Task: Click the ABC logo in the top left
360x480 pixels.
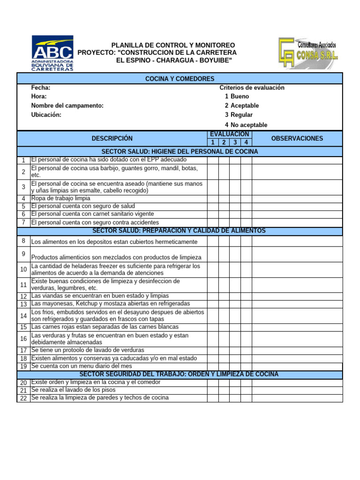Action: (52, 53)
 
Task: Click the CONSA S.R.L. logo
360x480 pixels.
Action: (308, 53)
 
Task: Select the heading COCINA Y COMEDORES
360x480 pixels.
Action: (180, 79)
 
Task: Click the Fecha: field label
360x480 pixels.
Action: (41, 88)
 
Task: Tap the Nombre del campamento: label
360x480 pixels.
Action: (67, 106)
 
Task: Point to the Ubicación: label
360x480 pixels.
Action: (46, 115)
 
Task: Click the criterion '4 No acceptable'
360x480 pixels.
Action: (246, 125)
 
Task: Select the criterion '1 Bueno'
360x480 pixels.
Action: (237, 97)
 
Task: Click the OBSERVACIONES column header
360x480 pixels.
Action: (297, 138)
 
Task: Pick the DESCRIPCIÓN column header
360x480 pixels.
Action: (112, 138)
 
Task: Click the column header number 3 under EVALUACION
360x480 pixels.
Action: (235, 142)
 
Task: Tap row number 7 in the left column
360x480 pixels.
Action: (23, 222)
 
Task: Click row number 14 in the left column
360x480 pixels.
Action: (23, 315)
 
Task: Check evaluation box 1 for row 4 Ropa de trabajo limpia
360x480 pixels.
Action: (212, 198)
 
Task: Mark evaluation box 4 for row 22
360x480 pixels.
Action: (247, 398)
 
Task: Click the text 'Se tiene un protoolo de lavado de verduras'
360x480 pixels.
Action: (88, 350)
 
